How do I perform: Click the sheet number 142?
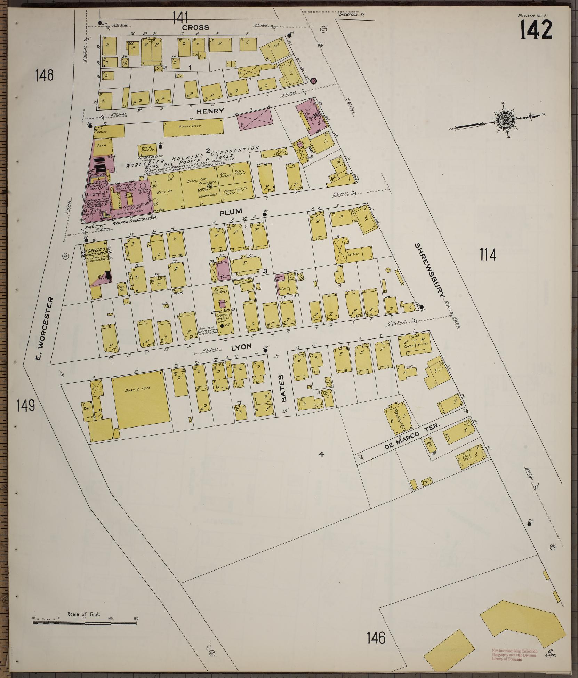(536, 29)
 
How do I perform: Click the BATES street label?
(283, 388)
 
